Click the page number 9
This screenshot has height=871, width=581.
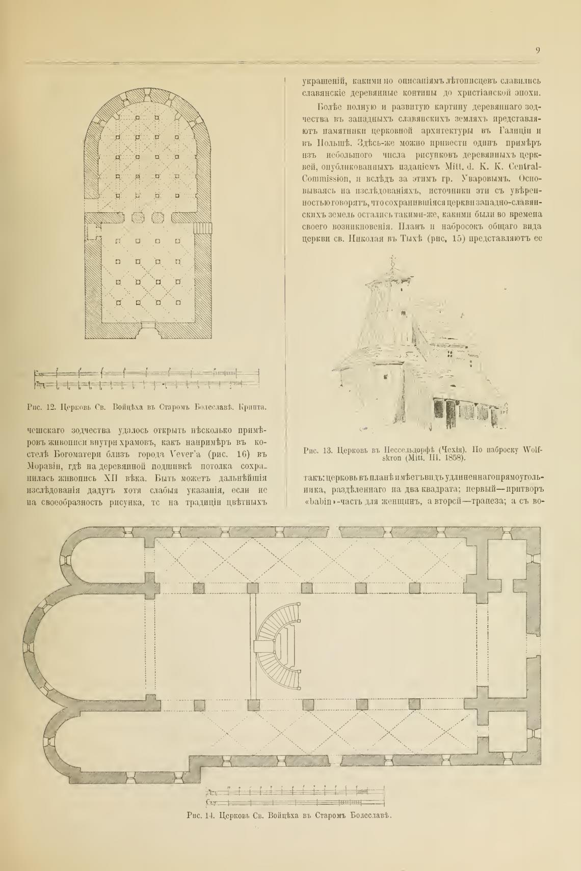click(538, 50)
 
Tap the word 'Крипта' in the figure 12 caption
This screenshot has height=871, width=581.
click(253, 407)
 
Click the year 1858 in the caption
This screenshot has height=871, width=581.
click(455, 458)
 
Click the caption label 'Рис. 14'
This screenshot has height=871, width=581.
click(202, 815)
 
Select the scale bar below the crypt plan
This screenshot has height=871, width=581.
click(147, 379)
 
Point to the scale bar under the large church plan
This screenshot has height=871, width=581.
click(295, 797)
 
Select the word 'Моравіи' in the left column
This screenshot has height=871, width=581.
click(45, 466)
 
